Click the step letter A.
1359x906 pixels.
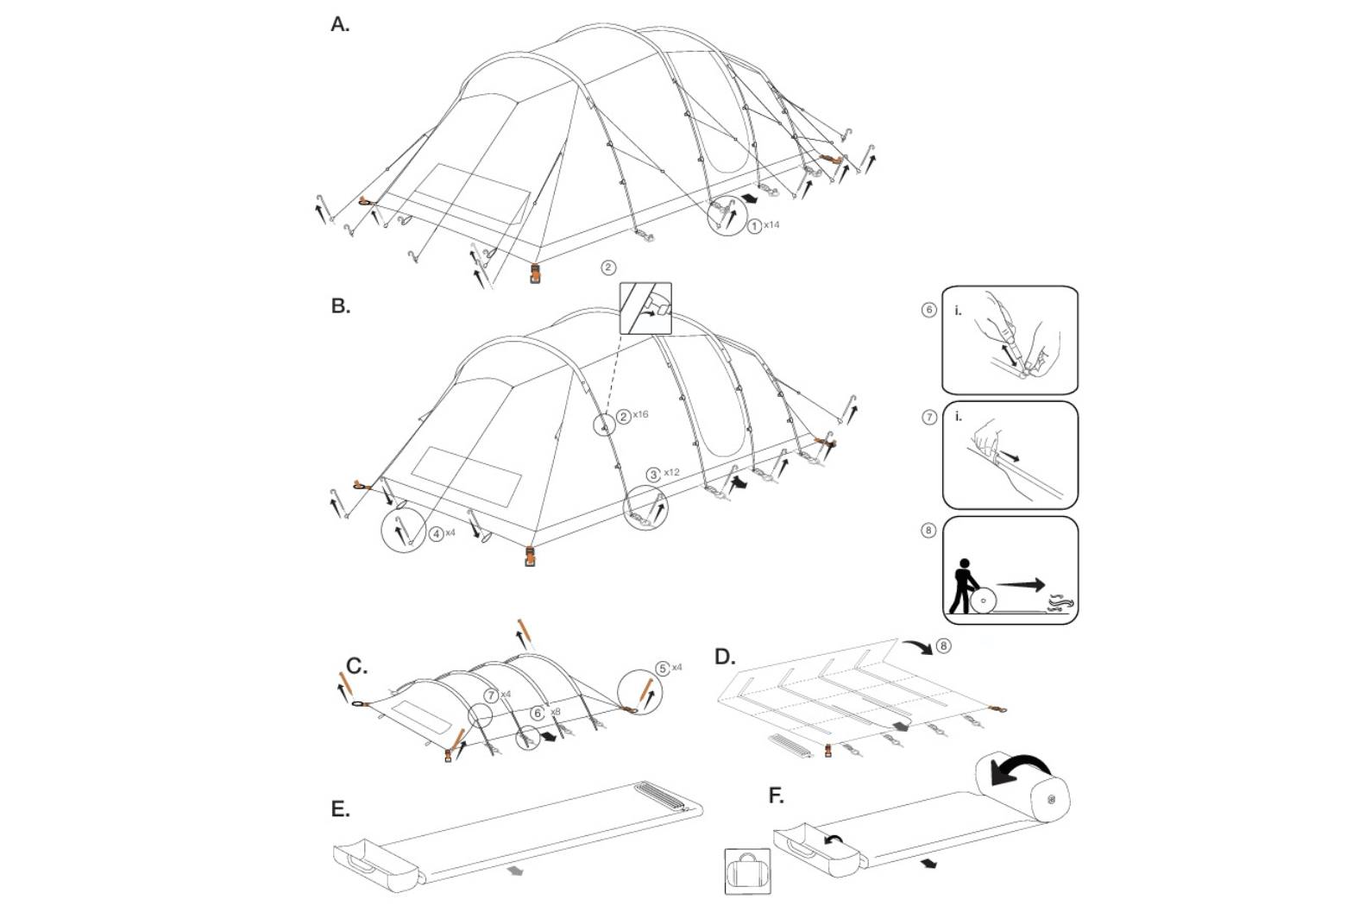click(x=340, y=25)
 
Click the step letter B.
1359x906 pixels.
click(x=340, y=306)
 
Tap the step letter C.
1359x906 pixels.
click(x=356, y=666)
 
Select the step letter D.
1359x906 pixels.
click(x=725, y=657)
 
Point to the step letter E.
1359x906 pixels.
click(x=340, y=809)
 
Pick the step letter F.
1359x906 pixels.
click(x=776, y=796)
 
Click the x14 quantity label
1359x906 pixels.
click(x=771, y=225)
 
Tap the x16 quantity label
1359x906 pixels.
click(x=640, y=415)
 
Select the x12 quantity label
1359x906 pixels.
click(x=672, y=473)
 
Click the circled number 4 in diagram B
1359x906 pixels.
click(x=437, y=534)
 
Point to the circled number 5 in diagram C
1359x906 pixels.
click(x=663, y=668)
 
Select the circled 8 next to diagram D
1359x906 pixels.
click(x=944, y=645)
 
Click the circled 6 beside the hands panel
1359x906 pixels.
click(x=928, y=310)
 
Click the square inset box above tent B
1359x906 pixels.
click(x=645, y=308)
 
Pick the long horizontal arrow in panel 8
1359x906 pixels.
click(x=1021, y=584)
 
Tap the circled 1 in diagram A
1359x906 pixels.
click(x=754, y=226)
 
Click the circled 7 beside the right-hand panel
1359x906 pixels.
click(x=928, y=418)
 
